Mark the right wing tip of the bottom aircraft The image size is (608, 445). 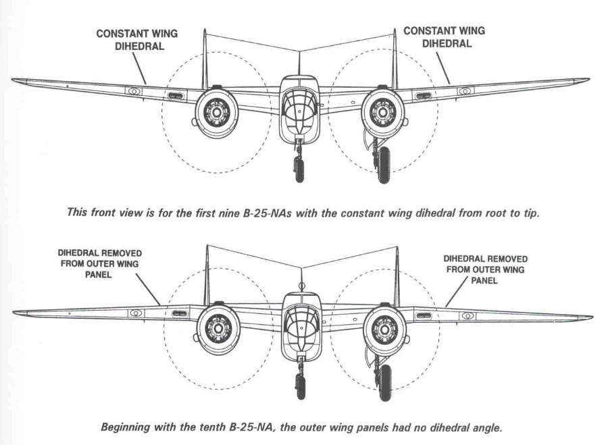click(590, 317)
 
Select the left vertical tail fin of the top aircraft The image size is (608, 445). click(204, 57)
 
